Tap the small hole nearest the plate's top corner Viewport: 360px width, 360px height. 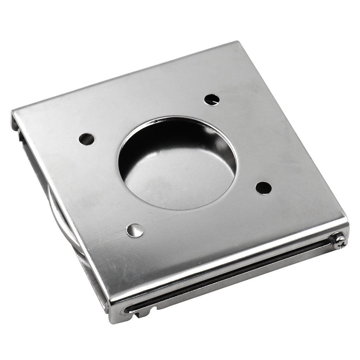[212, 99]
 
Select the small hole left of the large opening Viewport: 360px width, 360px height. [86, 139]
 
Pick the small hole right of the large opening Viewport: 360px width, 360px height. [263, 188]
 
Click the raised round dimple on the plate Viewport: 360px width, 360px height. [135, 230]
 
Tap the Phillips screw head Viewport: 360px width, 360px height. [339, 241]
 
